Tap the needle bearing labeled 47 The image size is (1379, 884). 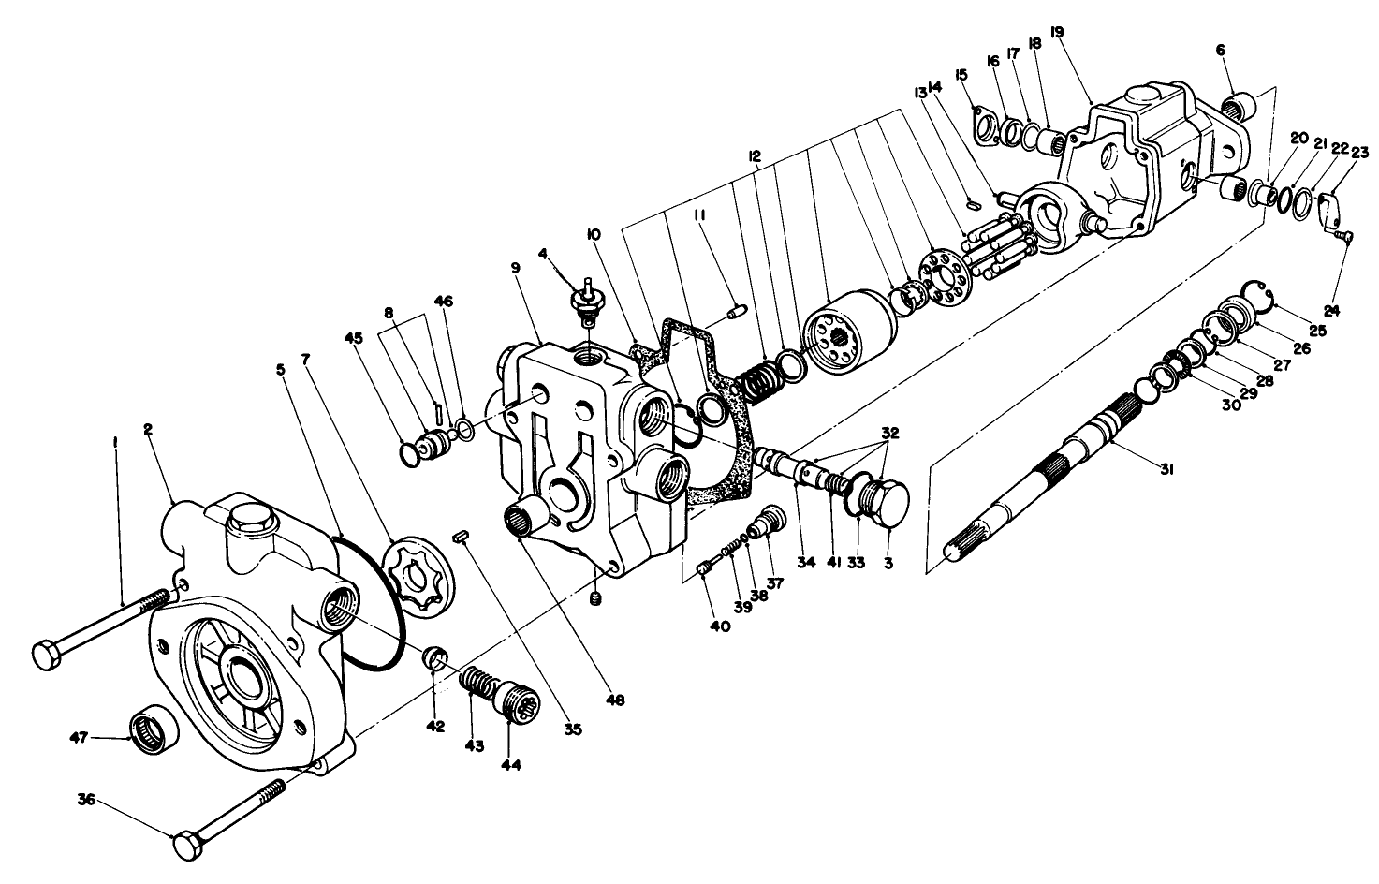[151, 729]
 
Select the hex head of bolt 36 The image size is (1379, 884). [188, 845]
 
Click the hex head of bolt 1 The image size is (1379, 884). [48, 655]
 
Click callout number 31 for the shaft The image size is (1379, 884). [1166, 470]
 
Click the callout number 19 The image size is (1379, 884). [1057, 32]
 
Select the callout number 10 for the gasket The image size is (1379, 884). [593, 231]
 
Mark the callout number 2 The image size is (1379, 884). [147, 430]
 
